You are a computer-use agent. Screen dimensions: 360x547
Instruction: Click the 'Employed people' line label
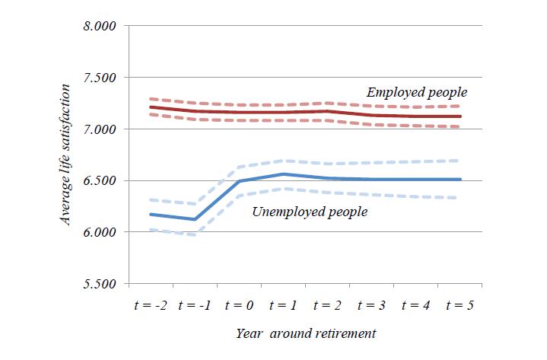click(417, 92)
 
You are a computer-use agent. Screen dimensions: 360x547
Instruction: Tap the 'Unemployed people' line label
click(310, 212)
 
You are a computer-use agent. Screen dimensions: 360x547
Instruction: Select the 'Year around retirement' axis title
click(305, 333)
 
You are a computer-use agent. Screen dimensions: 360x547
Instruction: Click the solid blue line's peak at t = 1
click(283, 174)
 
